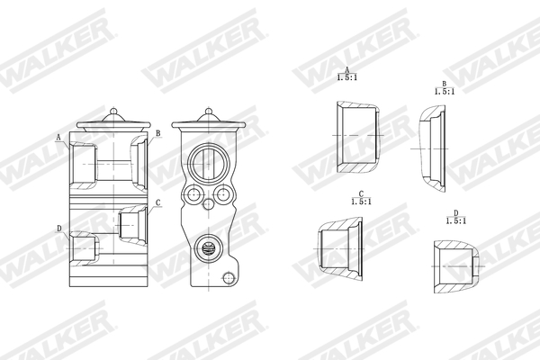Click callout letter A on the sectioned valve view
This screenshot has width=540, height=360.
coord(58,138)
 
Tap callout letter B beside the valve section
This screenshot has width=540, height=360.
coord(157,133)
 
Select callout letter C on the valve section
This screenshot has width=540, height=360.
coord(157,202)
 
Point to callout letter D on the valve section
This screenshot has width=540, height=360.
coord(58,229)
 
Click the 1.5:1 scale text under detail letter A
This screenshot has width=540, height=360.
coord(346,78)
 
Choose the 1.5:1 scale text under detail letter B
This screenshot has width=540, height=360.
coord(443,92)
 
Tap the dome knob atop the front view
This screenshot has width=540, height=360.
coord(208,114)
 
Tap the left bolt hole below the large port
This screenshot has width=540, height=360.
coord(190,194)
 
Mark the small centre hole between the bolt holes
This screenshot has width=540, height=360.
coord(208,205)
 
